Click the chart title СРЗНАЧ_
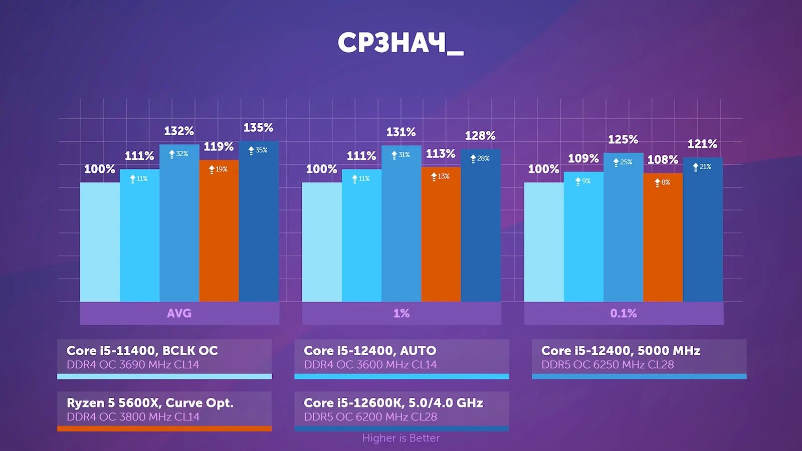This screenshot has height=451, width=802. point(400,43)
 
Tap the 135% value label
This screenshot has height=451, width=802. point(258,128)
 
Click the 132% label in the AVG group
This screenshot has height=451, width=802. point(179,131)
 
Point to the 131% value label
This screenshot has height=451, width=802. point(401,132)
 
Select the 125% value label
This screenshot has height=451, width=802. point(623,139)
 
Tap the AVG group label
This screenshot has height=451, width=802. point(179,313)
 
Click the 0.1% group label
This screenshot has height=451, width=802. point(624,313)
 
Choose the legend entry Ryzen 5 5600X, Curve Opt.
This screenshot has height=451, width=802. point(150,403)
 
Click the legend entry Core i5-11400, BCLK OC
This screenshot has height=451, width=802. point(142,351)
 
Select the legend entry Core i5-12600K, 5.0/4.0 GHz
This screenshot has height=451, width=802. point(393,403)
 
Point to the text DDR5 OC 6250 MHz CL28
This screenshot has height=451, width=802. point(608,365)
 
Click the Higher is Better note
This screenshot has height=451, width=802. point(401,438)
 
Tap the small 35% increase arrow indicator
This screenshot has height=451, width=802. point(258,150)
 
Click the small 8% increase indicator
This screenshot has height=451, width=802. point(662,182)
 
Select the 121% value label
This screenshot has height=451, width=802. point(702,144)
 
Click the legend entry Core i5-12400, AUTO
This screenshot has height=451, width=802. point(370,351)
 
